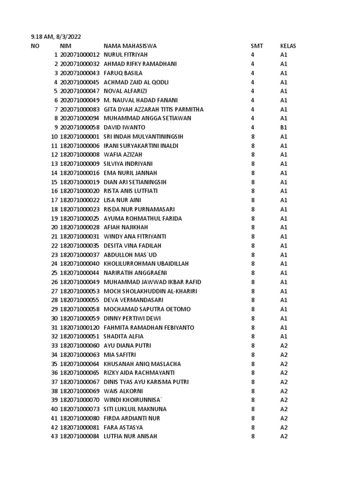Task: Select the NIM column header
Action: tap(66, 46)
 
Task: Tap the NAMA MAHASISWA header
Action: tap(130, 46)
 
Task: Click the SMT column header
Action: tap(257, 46)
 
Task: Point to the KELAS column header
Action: tap(288, 46)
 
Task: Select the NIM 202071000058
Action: tap(80, 127)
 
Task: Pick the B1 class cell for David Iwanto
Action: tap(284, 127)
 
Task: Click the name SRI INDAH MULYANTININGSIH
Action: tap(143, 136)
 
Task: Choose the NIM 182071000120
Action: tap(80, 327)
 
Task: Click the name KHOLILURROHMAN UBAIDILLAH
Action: tap(146, 264)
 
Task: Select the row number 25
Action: tap(54, 273)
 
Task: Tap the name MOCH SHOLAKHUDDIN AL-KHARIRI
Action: tap(150, 291)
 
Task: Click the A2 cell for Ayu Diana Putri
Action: tap(284, 345)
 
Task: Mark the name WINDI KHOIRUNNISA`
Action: tap(133, 400)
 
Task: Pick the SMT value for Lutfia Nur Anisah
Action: tap(253, 436)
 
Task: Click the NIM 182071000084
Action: tap(80, 436)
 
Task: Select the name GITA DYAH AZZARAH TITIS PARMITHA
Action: tap(153, 109)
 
